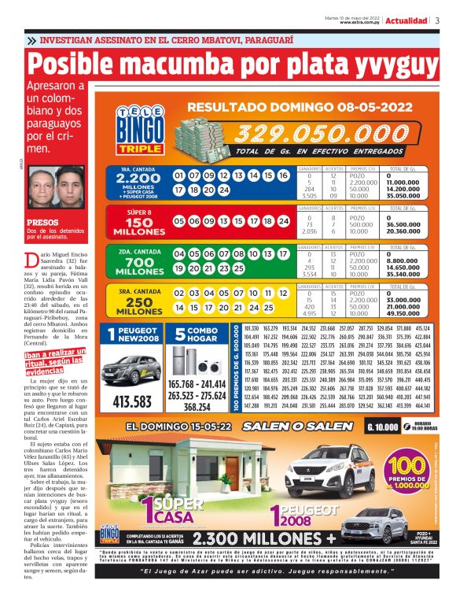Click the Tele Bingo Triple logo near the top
138,129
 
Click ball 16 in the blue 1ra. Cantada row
283,176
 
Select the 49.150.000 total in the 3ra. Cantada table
404,313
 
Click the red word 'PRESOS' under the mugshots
42,223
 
